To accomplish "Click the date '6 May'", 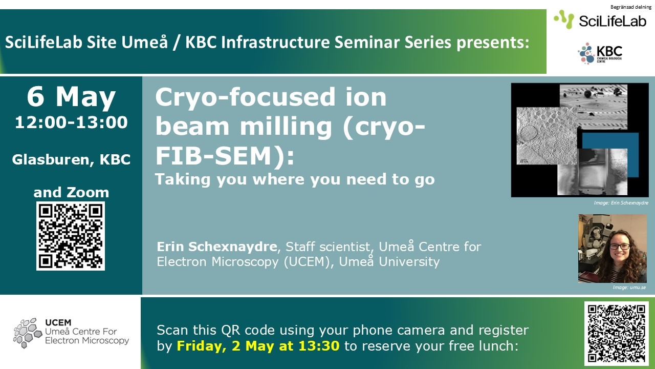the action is click(x=71, y=97).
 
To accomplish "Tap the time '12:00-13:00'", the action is click(x=71, y=122).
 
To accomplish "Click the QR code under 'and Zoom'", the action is click(x=71, y=236).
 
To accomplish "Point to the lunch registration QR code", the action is click(x=617, y=333).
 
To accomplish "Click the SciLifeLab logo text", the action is click(x=613, y=21).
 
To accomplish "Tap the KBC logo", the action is click(x=600, y=53).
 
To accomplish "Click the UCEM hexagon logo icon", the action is click(x=28, y=333).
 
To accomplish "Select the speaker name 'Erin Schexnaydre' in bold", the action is click(x=216, y=247).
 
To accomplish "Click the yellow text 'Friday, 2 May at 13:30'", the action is click(x=258, y=346).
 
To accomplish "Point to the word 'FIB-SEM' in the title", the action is click(x=213, y=155).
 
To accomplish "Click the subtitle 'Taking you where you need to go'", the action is click(x=295, y=179).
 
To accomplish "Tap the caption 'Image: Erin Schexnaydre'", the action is click(x=621, y=202).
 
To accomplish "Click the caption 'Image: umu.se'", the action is click(x=629, y=288).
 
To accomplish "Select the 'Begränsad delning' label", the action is click(x=631, y=7).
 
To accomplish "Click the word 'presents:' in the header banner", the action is click(x=493, y=43).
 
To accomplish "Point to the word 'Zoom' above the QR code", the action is click(x=88, y=193).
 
